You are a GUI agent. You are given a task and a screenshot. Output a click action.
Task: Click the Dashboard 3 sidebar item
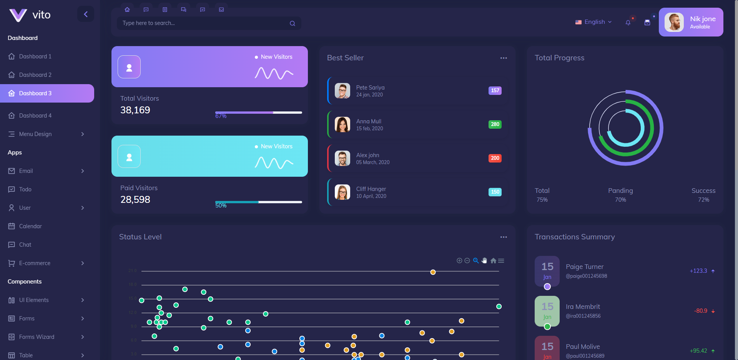(35, 93)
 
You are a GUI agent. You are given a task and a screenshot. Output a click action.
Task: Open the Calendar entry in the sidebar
(30, 226)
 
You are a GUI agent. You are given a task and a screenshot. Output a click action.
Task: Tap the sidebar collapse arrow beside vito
(86, 14)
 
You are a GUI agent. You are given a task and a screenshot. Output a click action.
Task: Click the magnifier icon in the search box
(293, 23)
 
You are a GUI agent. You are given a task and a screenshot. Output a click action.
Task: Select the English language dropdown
(594, 22)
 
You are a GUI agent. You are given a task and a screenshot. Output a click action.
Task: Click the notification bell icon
(628, 23)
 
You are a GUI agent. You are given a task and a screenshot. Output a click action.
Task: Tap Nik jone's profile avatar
(674, 22)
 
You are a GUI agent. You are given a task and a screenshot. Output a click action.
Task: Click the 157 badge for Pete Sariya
(495, 91)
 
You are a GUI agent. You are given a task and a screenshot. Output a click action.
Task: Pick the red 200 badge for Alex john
(495, 158)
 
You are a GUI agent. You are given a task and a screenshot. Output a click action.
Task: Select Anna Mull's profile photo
(342, 124)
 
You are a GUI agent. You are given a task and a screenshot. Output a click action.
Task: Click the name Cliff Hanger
(371, 189)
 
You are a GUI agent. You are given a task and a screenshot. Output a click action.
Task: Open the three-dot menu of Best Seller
(504, 58)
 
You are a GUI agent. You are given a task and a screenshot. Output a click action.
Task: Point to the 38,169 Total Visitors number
(135, 110)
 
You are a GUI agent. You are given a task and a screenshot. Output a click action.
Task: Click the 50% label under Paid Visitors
(221, 206)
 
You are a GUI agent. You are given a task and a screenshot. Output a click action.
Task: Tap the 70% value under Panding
(620, 200)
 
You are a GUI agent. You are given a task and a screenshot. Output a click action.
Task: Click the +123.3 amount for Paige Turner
(698, 271)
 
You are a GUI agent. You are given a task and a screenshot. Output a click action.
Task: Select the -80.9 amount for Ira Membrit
(701, 311)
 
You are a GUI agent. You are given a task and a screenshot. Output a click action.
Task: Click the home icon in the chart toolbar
(493, 260)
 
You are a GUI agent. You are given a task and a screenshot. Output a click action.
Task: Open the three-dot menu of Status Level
(504, 237)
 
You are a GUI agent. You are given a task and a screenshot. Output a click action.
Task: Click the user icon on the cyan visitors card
(129, 156)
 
